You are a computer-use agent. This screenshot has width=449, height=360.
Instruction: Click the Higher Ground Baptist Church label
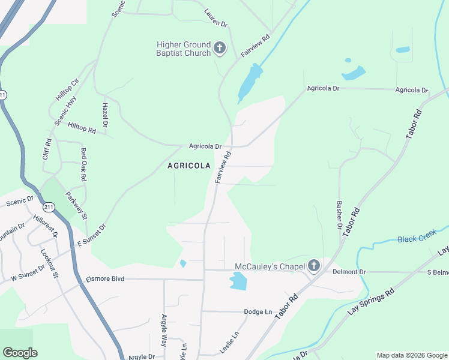(x=183, y=49)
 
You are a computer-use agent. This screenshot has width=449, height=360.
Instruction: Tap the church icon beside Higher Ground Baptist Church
(x=220, y=48)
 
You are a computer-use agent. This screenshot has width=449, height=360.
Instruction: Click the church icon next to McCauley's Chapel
(x=314, y=266)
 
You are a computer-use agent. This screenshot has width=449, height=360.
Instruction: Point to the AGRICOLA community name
(x=188, y=166)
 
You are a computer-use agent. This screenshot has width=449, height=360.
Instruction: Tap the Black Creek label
(x=417, y=239)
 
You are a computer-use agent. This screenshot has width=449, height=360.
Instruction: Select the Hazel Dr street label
(x=104, y=114)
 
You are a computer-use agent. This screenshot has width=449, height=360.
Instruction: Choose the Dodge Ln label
(x=258, y=312)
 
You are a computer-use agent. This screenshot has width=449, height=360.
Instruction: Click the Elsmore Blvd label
(x=104, y=278)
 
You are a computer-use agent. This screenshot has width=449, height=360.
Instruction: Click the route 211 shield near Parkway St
(x=49, y=207)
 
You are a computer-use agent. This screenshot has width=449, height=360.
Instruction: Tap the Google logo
(x=20, y=353)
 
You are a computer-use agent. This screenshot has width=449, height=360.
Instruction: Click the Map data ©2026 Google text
(x=411, y=355)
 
